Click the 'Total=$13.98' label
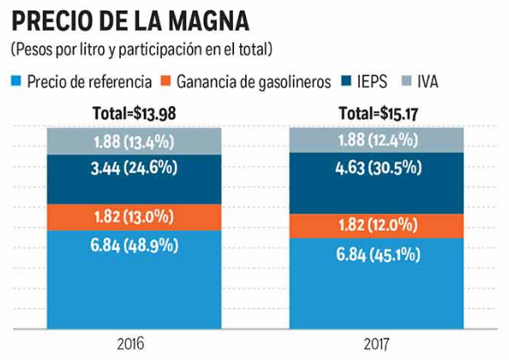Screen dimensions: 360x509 point(135,114)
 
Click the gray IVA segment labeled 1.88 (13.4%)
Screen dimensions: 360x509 point(135,141)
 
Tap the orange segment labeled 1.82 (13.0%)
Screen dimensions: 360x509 point(135,217)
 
